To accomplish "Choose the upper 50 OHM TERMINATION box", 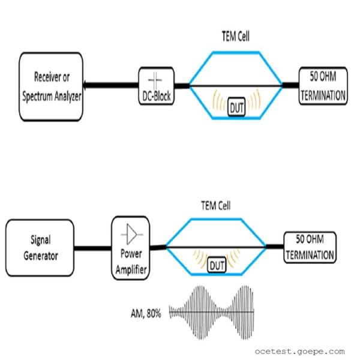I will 323,86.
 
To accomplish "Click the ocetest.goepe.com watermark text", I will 299,351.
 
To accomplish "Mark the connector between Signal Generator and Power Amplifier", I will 93,247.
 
